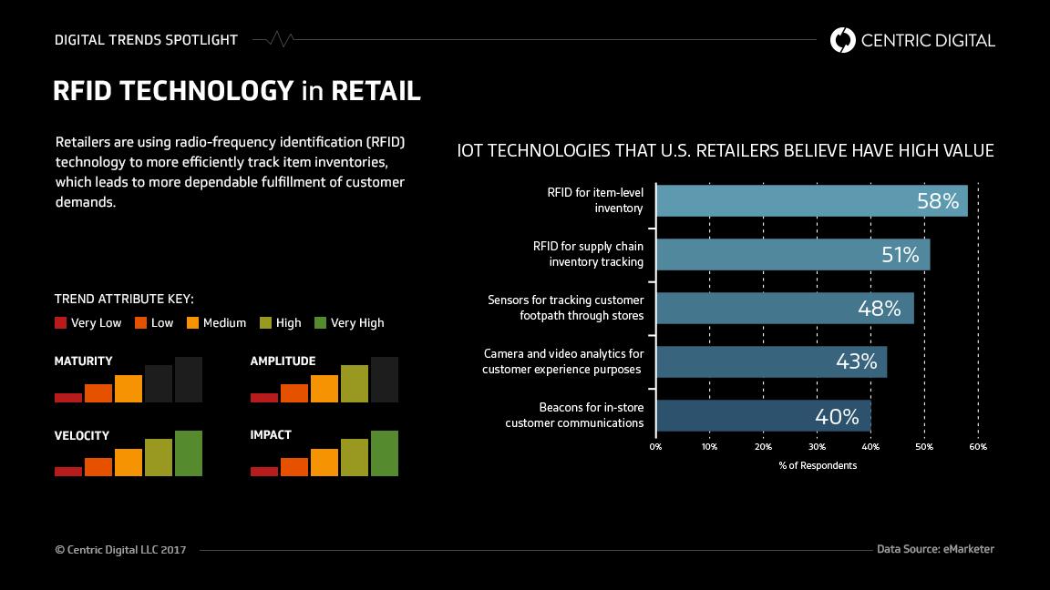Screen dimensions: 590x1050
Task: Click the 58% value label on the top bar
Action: (x=938, y=201)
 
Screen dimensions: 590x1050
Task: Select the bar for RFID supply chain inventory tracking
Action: (x=793, y=255)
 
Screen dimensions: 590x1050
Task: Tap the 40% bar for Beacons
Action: (x=763, y=416)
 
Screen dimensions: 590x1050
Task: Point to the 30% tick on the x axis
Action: (x=818, y=447)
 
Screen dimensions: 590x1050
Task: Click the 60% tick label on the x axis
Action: (x=977, y=447)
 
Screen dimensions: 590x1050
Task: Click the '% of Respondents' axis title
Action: (x=818, y=465)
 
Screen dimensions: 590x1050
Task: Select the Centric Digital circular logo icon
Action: (x=843, y=40)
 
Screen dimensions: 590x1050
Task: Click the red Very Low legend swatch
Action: (x=61, y=322)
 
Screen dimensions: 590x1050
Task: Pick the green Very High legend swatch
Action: (x=320, y=322)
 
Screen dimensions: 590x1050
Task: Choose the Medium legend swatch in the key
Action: (x=192, y=322)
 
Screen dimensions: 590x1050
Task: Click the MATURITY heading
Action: (x=84, y=361)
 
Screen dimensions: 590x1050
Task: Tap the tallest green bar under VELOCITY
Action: (x=189, y=453)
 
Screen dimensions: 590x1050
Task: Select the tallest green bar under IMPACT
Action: (x=385, y=453)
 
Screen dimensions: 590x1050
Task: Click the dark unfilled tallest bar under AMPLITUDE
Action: (x=385, y=380)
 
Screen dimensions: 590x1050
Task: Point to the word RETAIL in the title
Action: (x=376, y=91)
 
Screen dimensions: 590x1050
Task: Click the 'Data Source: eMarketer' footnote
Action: (x=935, y=549)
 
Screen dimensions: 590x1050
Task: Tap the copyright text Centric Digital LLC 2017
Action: (x=120, y=550)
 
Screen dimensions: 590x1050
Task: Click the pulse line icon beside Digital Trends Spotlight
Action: (x=273, y=40)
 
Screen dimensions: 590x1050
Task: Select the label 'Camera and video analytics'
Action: (x=563, y=353)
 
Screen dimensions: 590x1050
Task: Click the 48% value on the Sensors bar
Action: (x=880, y=309)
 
